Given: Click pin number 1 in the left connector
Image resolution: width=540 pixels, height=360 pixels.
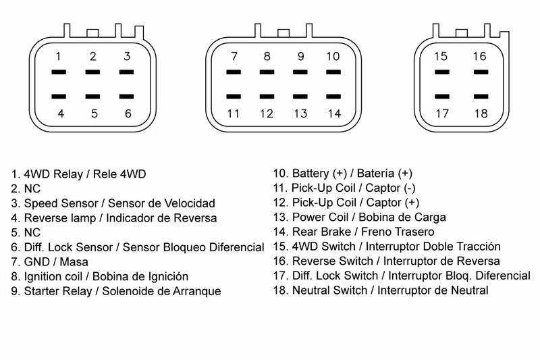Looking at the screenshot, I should tap(59, 55).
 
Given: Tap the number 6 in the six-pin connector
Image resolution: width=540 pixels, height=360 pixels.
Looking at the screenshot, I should tap(128, 113).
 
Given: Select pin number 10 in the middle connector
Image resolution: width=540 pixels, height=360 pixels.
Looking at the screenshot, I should tap(331, 55).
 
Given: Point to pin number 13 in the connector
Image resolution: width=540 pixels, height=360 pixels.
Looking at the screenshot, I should tap(300, 113).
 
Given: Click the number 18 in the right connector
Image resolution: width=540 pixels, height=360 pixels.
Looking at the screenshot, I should tap(479, 113).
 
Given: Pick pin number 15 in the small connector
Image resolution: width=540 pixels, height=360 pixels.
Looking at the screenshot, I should tap(441, 55).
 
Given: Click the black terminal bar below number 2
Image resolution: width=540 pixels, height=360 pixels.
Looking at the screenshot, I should tap(93, 72).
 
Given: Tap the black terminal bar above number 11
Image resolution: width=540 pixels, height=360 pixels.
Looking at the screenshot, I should tap(234, 96).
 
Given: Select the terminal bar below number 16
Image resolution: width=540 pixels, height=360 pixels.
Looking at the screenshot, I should tap(479, 72).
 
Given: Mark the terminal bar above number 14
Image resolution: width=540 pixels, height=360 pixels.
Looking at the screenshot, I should tap(331, 96).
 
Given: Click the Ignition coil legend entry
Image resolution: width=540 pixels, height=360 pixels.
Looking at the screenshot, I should tap(104, 276).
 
